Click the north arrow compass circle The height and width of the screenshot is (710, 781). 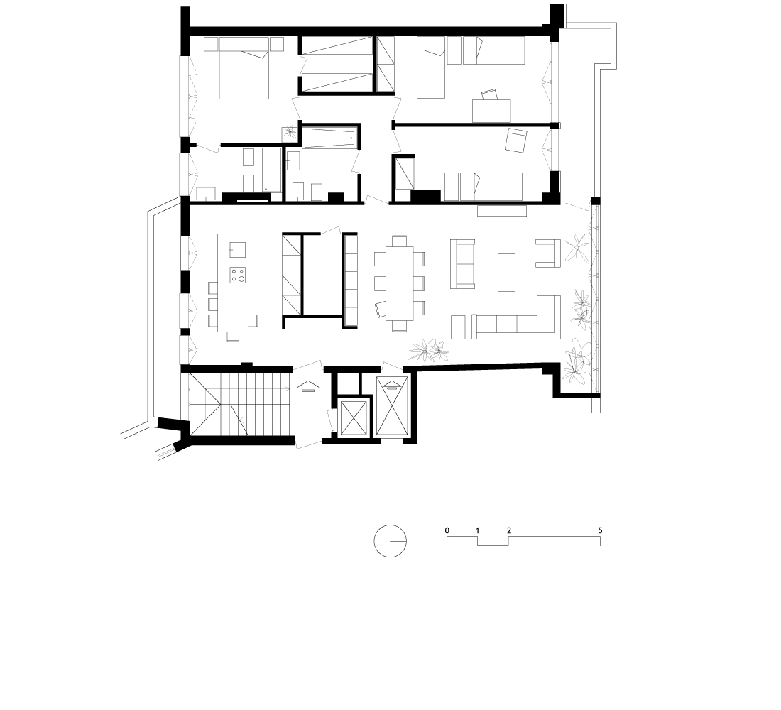375,541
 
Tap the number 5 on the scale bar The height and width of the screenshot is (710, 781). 600,530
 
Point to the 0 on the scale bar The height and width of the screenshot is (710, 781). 447,530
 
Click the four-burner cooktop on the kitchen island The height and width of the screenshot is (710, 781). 238,275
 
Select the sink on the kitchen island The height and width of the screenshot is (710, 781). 238,250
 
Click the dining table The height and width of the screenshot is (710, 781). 400,283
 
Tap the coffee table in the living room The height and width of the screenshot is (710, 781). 506,273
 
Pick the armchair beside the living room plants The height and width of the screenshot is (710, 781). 548,253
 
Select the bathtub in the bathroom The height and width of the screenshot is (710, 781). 329,138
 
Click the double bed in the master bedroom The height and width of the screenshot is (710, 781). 244,68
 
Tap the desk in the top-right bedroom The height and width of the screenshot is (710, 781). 491,111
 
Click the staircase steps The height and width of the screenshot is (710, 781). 239,405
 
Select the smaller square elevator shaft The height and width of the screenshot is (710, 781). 353,418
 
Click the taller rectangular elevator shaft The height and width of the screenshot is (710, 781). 393,406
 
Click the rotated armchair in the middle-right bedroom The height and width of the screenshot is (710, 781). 516,141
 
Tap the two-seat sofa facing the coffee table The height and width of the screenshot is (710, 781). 463,264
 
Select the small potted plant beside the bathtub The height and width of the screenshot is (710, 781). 290,133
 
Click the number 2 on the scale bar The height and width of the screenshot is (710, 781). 508,530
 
